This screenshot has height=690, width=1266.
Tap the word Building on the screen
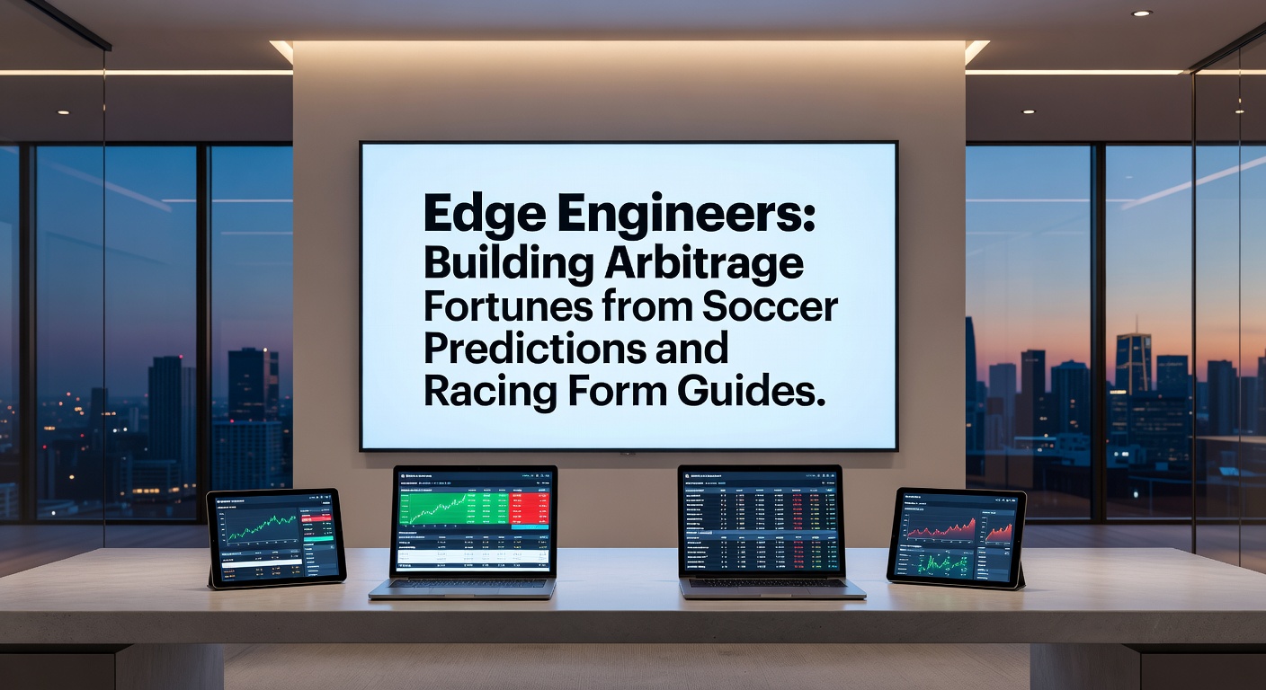pyautogui.click(x=508, y=263)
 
